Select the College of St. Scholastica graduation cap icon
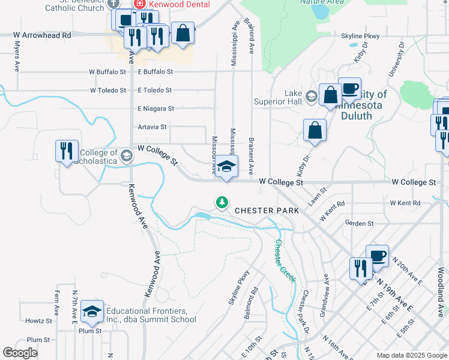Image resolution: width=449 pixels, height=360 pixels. click(126, 157)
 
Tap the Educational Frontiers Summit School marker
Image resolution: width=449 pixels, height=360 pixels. click(92, 311)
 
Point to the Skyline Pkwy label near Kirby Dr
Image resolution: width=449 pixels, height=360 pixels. click(360, 36)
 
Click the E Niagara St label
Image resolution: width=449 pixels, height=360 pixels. click(155, 109)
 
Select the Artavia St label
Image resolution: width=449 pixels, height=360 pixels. click(152, 127)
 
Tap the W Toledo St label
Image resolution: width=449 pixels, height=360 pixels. click(108, 91)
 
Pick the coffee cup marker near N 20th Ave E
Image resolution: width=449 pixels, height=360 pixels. click(377, 256)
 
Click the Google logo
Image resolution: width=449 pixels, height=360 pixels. click(20, 353)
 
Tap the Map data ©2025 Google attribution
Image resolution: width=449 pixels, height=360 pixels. click(411, 355)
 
